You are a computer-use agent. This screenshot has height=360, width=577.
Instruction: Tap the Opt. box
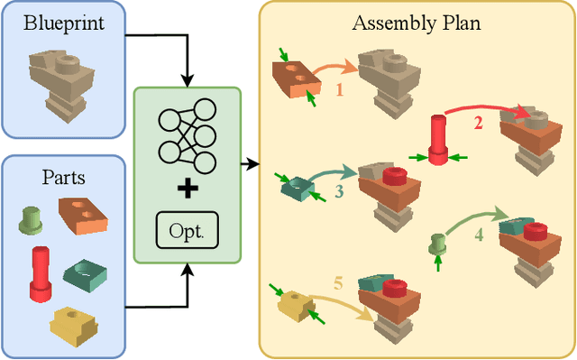[x=187, y=231]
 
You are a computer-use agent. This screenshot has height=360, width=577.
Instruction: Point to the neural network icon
[x=187, y=136]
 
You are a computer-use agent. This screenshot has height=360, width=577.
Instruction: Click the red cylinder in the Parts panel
[x=40, y=273]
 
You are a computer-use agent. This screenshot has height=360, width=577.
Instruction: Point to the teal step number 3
[x=338, y=191]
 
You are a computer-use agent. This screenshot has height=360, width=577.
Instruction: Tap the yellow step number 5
[x=338, y=283]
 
